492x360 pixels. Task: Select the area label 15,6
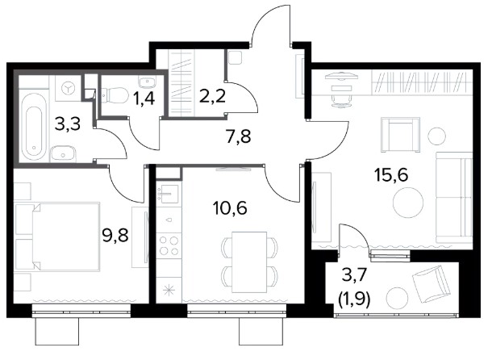[391, 175]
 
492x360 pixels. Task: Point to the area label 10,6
[230, 207]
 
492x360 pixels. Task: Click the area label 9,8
[115, 235]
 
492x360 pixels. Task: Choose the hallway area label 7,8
[239, 136]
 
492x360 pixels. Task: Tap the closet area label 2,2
[212, 96]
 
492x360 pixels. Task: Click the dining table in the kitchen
[249, 262]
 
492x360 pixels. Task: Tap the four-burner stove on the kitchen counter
[169, 245]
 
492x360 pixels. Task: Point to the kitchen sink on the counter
[169, 192]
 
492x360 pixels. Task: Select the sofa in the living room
[454, 198]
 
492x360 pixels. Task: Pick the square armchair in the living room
[400, 135]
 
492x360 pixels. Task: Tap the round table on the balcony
[397, 298]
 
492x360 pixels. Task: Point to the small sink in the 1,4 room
[148, 82]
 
